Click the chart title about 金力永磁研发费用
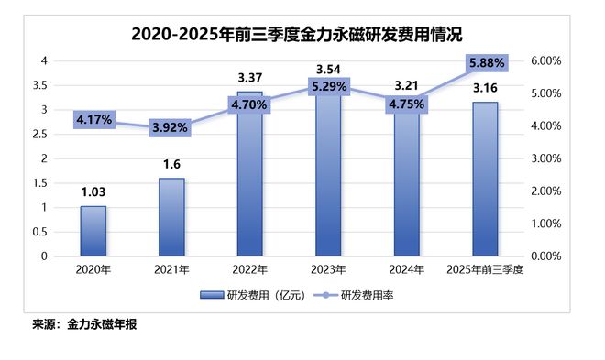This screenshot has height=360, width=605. [297, 35]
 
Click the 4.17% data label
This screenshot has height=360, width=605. [93, 119]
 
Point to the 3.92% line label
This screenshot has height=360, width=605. [171, 127]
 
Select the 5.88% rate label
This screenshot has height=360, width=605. [486, 64]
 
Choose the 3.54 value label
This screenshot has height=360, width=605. [329, 69]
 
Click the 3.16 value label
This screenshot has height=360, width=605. [486, 88]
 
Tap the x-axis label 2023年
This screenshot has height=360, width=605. [329, 269]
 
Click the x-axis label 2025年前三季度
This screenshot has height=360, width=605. [486, 269]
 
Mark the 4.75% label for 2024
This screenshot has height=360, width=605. [407, 104]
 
